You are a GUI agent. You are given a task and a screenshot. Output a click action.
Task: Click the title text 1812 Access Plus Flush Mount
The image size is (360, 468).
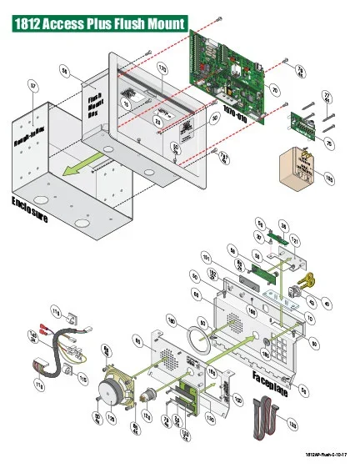tap(99, 24)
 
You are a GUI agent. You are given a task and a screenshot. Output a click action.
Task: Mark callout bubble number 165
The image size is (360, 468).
tap(327, 178)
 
